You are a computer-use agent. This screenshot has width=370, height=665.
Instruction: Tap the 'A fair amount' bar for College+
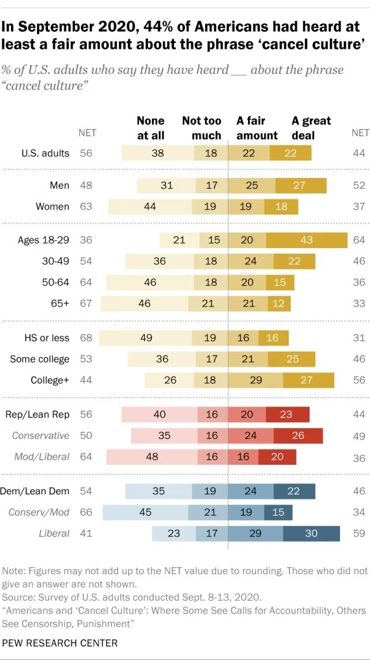click(255, 380)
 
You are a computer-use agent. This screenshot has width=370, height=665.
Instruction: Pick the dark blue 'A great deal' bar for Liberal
click(311, 533)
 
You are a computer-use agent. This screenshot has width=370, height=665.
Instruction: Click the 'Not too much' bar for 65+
click(208, 304)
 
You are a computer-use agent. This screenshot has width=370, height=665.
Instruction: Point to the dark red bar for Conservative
click(298, 435)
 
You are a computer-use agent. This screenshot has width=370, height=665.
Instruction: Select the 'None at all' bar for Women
click(150, 206)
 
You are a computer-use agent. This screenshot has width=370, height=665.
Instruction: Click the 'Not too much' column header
click(202, 128)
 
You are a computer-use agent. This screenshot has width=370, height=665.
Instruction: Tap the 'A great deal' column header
click(311, 128)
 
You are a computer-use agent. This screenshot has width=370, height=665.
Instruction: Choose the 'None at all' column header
click(150, 128)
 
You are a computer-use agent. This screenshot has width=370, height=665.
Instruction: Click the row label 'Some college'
click(39, 359)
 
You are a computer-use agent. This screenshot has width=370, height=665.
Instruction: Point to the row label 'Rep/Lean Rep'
click(37, 415)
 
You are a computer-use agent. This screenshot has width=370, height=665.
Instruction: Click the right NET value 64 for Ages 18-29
click(359, 240)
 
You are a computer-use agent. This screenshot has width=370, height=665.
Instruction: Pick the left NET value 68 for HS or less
click(86, 338)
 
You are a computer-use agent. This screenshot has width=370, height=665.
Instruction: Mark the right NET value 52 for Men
click(359, 186)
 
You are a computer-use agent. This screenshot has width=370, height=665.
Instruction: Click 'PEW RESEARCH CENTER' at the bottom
click(60, 642)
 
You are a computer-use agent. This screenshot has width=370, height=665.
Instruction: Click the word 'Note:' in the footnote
click(15, 570)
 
